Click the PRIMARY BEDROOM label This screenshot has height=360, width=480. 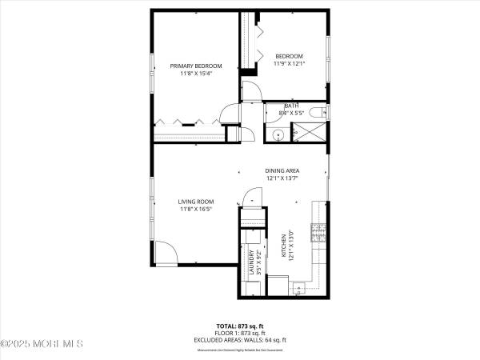[x=195, y=66]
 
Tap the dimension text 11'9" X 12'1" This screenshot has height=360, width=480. [x=289, y=63]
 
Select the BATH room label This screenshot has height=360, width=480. [x=291, y=106]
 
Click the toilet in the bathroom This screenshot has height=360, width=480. [x=318, y=110]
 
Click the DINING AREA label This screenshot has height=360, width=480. [x=282, y=170]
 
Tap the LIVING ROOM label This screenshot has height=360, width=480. [x=195, y=202]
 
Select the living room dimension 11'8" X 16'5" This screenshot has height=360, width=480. [x=195, y=210]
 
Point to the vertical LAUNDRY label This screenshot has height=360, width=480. [x=251, y=262]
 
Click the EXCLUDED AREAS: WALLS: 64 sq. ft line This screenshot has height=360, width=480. [x=239, y=340]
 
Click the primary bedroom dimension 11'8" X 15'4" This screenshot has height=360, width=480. [x=195, y=74]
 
